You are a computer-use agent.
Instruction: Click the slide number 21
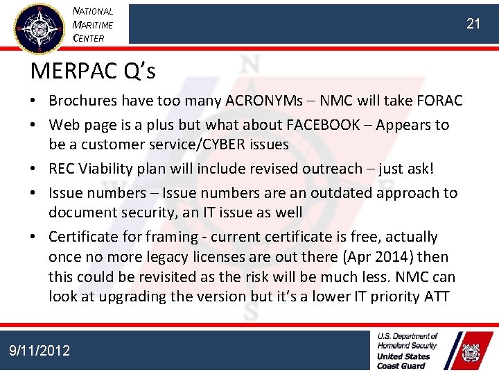[x=473, y=24]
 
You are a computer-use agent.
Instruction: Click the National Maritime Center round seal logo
[x=40, y=27]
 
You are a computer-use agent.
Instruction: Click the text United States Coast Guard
[x=403, y=360]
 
